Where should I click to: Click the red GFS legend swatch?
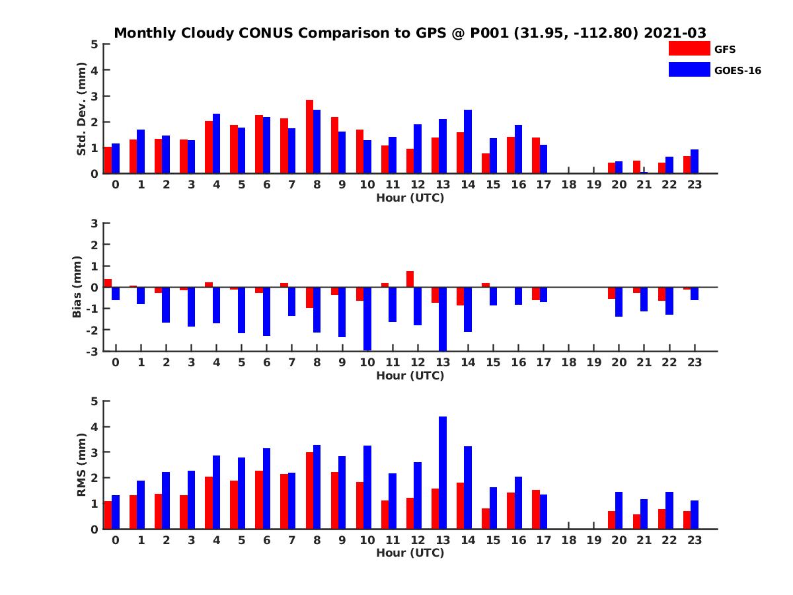[x=689, y=48]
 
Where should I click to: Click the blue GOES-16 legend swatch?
[x=689, y=69]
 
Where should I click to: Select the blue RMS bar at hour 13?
[x=443, y=473]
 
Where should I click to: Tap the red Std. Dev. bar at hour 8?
[x=309, y=137]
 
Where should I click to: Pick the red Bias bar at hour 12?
[x=410, y=279]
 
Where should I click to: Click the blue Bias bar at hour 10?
[x=367, y=319]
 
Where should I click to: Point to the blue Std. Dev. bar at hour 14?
[x=468, y=141]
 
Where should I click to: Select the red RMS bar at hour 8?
[x=309, y=491]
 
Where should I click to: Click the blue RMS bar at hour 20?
[x=619, y=510]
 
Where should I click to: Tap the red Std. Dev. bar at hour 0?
[x=108, y=160]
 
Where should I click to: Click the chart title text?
[x=410, y=33]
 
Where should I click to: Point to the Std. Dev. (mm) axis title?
[x=82, y=109]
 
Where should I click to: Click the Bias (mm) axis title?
[x=77, y=287]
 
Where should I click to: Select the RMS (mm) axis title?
[x=82, y=465]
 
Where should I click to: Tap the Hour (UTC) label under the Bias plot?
[x=410, y=376]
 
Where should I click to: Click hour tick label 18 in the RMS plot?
[x=568, y=540]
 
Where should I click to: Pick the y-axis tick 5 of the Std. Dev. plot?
[x=95, y=44]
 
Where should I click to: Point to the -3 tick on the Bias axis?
[x=93, y=351]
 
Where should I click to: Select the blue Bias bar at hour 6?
[x=266, y=311]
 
